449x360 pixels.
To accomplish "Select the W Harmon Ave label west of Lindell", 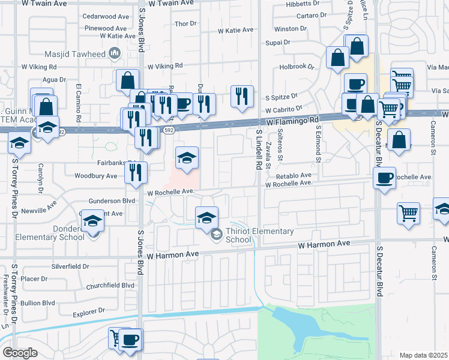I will [175, 254].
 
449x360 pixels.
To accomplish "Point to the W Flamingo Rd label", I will [293, 121].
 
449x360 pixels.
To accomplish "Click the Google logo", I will [20, 352].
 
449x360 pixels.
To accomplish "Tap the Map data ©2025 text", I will [424, 355].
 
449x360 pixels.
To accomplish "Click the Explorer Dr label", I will [91, 311].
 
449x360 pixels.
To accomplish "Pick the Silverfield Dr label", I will [70, 266].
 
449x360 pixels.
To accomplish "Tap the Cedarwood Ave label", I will [106, 17].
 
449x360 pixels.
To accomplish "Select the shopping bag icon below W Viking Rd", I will [128, 80].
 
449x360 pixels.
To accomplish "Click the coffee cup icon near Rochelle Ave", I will [384, 177].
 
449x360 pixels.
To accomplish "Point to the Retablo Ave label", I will [294, 176].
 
